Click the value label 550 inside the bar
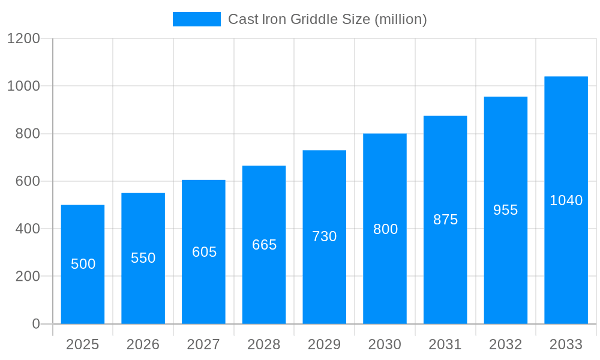tap(143, 258)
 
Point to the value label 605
tap(204, 252)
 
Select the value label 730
tap(325, 236)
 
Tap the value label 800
tap(385, 229)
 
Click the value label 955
tap(505, 210)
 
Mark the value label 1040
tap(566, 200)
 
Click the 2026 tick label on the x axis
tap(143, 344)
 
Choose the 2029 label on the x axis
tap(325, 344)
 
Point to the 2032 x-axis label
tap(505, 344)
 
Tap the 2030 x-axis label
tap(385, 344)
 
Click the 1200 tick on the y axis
tap(23, 38)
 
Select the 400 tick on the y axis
tap(28, 229)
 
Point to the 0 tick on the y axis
tap(36, 324)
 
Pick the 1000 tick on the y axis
tap(23, 86)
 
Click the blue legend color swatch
tap(197, 19)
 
